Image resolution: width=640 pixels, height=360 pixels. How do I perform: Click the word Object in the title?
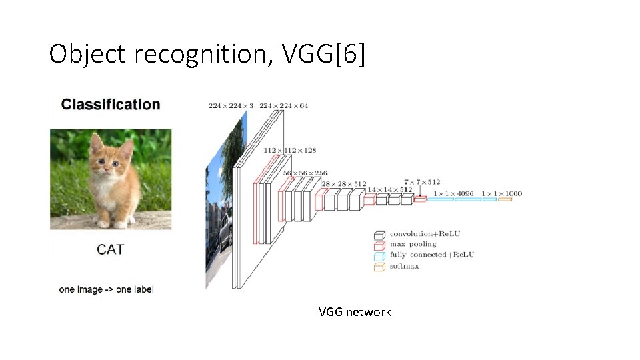pyautogui.click(x=87, y=54)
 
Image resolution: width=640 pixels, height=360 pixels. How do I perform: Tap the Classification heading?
pyautogui.click(x=111, y=105)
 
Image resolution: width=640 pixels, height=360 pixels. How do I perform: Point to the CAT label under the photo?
pyautogui.click(x=111, y=249)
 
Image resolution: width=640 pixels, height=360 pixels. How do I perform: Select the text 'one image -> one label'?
pyautogui.click(x=107, y=289)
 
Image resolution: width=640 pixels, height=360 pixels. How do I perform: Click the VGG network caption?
pyautogui.click(x=355, y=312)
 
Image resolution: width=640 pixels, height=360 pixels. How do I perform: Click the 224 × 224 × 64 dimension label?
pyautogui.click(x=283, y=105)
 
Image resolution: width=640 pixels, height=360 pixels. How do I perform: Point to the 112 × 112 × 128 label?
pyautogui.click(x=289, y=151)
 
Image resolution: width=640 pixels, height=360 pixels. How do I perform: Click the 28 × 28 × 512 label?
pyautogui.click(x=344, y=184)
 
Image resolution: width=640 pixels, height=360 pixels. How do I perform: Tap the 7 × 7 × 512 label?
pyautogui.click(x=422, y=181)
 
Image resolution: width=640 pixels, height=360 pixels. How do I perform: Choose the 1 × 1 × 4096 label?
pyautogui.click(x=453, y=194)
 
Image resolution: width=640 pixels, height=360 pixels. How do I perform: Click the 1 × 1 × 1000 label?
pyautogui.click(x=502, y=194)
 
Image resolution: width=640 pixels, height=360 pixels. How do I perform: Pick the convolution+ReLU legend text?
pyautogui.click(x=425, y=234)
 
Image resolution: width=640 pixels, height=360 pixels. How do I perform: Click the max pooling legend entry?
pyautogui.click(x=413, y=245)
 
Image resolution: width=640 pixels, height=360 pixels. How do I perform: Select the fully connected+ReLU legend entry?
pyautogui.click(x=432, y=255)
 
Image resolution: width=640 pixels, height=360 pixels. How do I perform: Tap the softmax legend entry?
pyautogui.click(x=405, y=267)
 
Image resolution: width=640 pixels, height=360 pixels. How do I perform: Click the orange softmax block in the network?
pyautogui.click(x=505, y=199)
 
